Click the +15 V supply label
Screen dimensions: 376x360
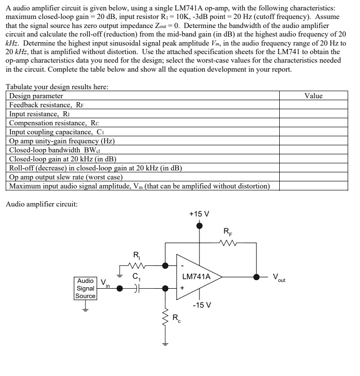coord(199,214)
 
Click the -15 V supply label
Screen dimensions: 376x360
coord(202,305)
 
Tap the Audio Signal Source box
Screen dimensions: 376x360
coord(85,288)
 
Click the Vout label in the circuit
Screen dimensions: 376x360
coord(279,278)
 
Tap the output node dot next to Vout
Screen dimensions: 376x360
coord(257,277)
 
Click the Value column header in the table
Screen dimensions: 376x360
coord(313,96)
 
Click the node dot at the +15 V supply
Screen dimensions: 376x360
coord(199,226)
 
